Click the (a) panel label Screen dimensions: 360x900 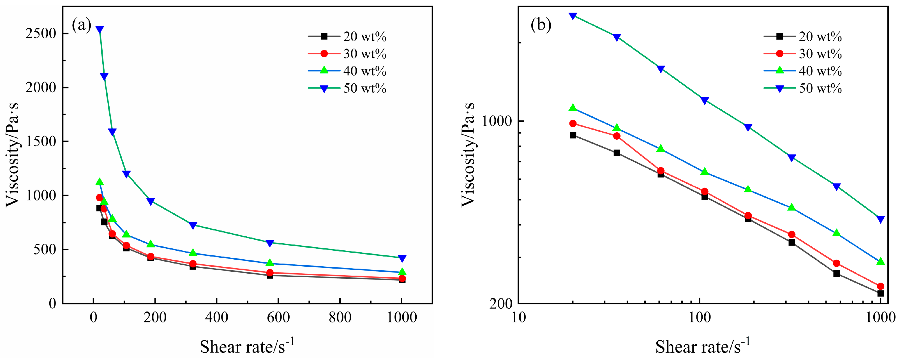click(81, 26)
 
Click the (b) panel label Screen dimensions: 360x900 click(541, 26)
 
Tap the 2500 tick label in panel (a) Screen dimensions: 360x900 click(41, 34)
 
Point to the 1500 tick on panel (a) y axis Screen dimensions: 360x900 click(41, 142)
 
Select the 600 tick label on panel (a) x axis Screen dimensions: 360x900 click(278, 318)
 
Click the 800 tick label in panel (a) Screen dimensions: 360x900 click(340, 318)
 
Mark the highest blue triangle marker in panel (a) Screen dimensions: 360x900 click(100, 29)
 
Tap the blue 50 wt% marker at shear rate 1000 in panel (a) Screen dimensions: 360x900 click(402, 258)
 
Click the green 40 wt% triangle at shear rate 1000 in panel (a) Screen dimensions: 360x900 click(402, 272)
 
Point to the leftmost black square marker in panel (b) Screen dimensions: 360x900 click(573, 135)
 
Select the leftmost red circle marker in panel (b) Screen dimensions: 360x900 click(573, 123)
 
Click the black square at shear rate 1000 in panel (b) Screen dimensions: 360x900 click(880, 293)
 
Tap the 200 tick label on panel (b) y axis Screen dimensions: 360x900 click(501, 304)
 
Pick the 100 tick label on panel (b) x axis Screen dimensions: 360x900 click(700, 318)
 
